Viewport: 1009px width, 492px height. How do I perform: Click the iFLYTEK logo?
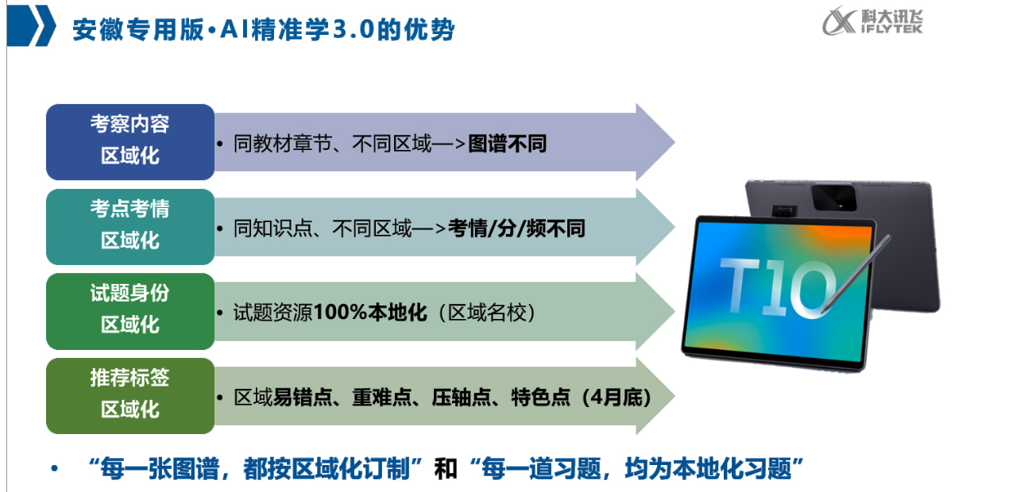coord(872,21)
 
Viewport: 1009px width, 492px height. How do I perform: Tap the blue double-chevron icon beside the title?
coord(32,25)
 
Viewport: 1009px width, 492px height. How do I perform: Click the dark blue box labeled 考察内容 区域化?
coord(130,142)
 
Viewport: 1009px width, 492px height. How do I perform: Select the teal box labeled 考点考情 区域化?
coord(130,227)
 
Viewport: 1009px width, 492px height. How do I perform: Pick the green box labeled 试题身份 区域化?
coord(130,311)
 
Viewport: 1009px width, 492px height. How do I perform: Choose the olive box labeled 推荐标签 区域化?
coord(130,396)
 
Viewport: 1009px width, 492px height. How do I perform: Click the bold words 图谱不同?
coord(507,144)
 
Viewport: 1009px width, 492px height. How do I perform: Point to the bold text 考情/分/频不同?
coord(516,228)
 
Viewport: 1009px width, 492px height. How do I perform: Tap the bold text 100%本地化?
coord(370,312)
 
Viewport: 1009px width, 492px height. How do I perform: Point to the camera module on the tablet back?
coord(833,197)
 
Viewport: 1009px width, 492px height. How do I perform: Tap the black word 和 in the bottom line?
coord(446,469)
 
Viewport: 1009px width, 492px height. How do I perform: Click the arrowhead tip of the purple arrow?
coord(675,142)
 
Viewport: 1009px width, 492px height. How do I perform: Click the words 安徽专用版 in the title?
coord(138,29)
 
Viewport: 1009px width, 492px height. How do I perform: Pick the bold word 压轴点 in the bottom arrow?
coord(462,397)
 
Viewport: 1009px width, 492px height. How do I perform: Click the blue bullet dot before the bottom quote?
coord(55,469)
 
